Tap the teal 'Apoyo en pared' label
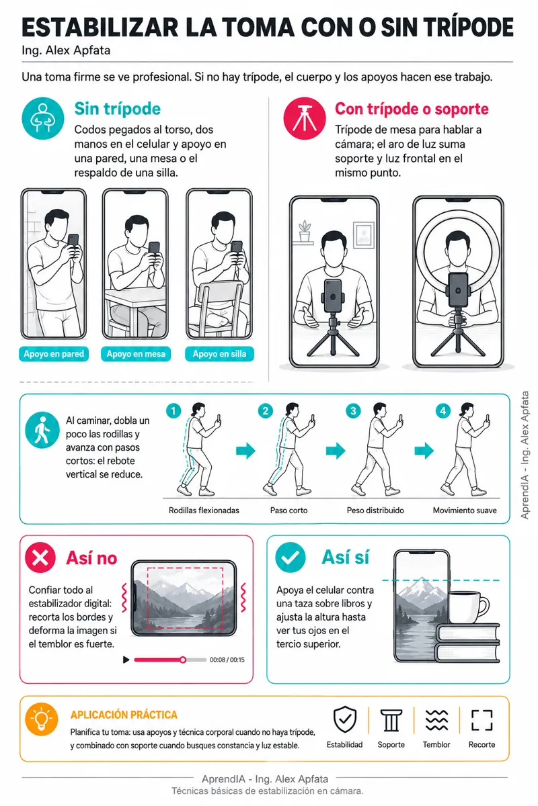(x=54, y=354)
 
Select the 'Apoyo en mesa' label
(x=136, y=354)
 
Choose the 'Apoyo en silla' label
(x=219, y=354)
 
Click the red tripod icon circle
(x=305, y=118)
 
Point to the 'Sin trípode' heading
(x=118, y=109)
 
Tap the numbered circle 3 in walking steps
(x=353, y=410)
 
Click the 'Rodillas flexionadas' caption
(x=204, y=510)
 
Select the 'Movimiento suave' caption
(x=465, y=510)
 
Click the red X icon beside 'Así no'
(x=40, y=557)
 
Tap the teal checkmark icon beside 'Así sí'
(x=291, y=557)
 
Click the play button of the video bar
(x=126, y=660)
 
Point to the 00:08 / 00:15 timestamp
(x=227, y=660)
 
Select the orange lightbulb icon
(x=42, y=719)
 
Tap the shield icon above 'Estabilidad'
(x=345, y=719)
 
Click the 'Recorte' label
(x=482, y=744)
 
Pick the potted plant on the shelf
(x=305, y=231)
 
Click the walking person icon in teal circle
(x=42, y=430)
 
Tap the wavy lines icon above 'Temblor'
(x=436, y=720)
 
